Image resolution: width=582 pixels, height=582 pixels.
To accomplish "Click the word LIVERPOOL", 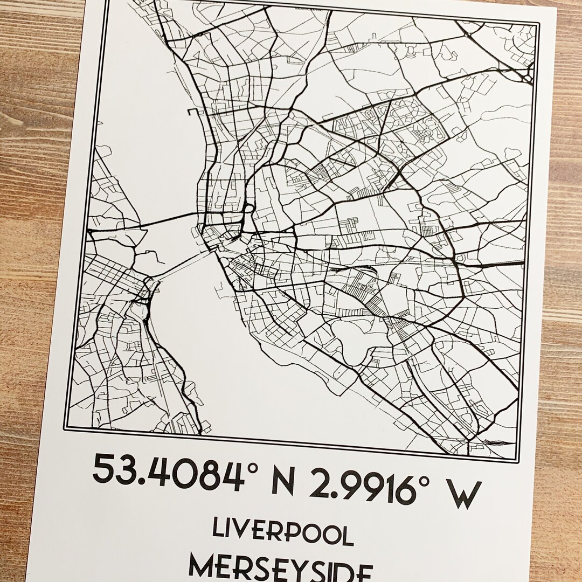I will (x=283, y=531).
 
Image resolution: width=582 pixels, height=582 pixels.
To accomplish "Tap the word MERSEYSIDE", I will (x=280, y=569).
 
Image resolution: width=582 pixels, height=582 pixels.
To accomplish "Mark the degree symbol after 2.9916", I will (x=422, y=474).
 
